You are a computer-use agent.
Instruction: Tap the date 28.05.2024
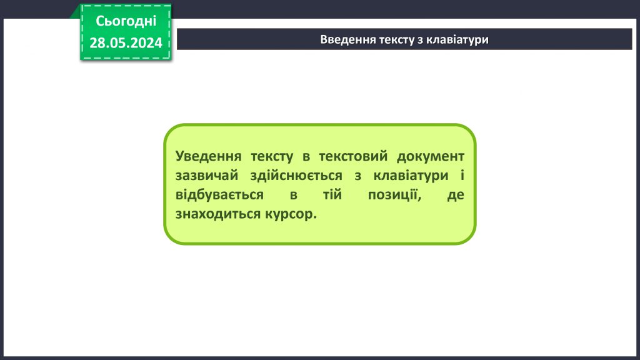click(x=126, y=42)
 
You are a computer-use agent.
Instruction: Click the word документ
click(x=431, y=156)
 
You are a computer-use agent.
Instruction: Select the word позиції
click(x=392, y=195)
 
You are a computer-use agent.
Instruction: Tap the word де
click(x=456, y=195)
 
